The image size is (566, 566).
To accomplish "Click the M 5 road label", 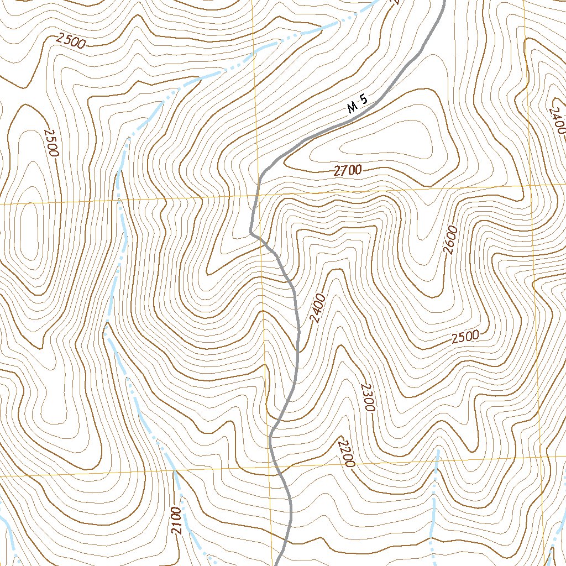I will (358, 104).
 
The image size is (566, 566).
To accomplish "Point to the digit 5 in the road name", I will (364, 100).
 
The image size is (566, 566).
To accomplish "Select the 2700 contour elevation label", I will (347, 171).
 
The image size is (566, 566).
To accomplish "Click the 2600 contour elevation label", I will (450, 240).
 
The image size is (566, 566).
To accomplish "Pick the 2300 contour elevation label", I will (368, 397).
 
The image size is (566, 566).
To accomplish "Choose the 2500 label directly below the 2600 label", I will (465, 337).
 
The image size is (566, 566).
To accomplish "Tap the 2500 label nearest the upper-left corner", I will (70, 41).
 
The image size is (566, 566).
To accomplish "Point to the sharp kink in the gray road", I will (251, 232).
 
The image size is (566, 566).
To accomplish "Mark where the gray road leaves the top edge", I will (444, 2).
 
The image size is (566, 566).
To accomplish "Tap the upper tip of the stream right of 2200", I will (438, 452).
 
